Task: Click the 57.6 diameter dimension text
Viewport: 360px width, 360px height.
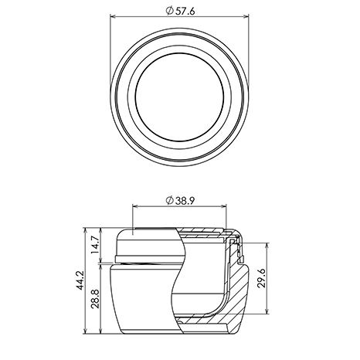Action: (185, 11)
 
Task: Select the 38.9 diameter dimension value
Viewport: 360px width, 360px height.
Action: (185, 201)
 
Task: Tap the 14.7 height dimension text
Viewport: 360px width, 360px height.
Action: (95, 245)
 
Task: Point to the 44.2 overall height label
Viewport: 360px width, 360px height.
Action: (80, 280)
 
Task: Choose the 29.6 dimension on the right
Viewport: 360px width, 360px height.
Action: (261, 278)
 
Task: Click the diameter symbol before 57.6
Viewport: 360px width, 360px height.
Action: (169, 11)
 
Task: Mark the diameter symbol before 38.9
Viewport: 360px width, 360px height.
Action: (169, 201)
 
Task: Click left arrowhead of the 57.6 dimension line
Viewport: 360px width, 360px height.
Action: (113, 16)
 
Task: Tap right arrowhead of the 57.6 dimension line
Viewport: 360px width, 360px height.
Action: (246, 16)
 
